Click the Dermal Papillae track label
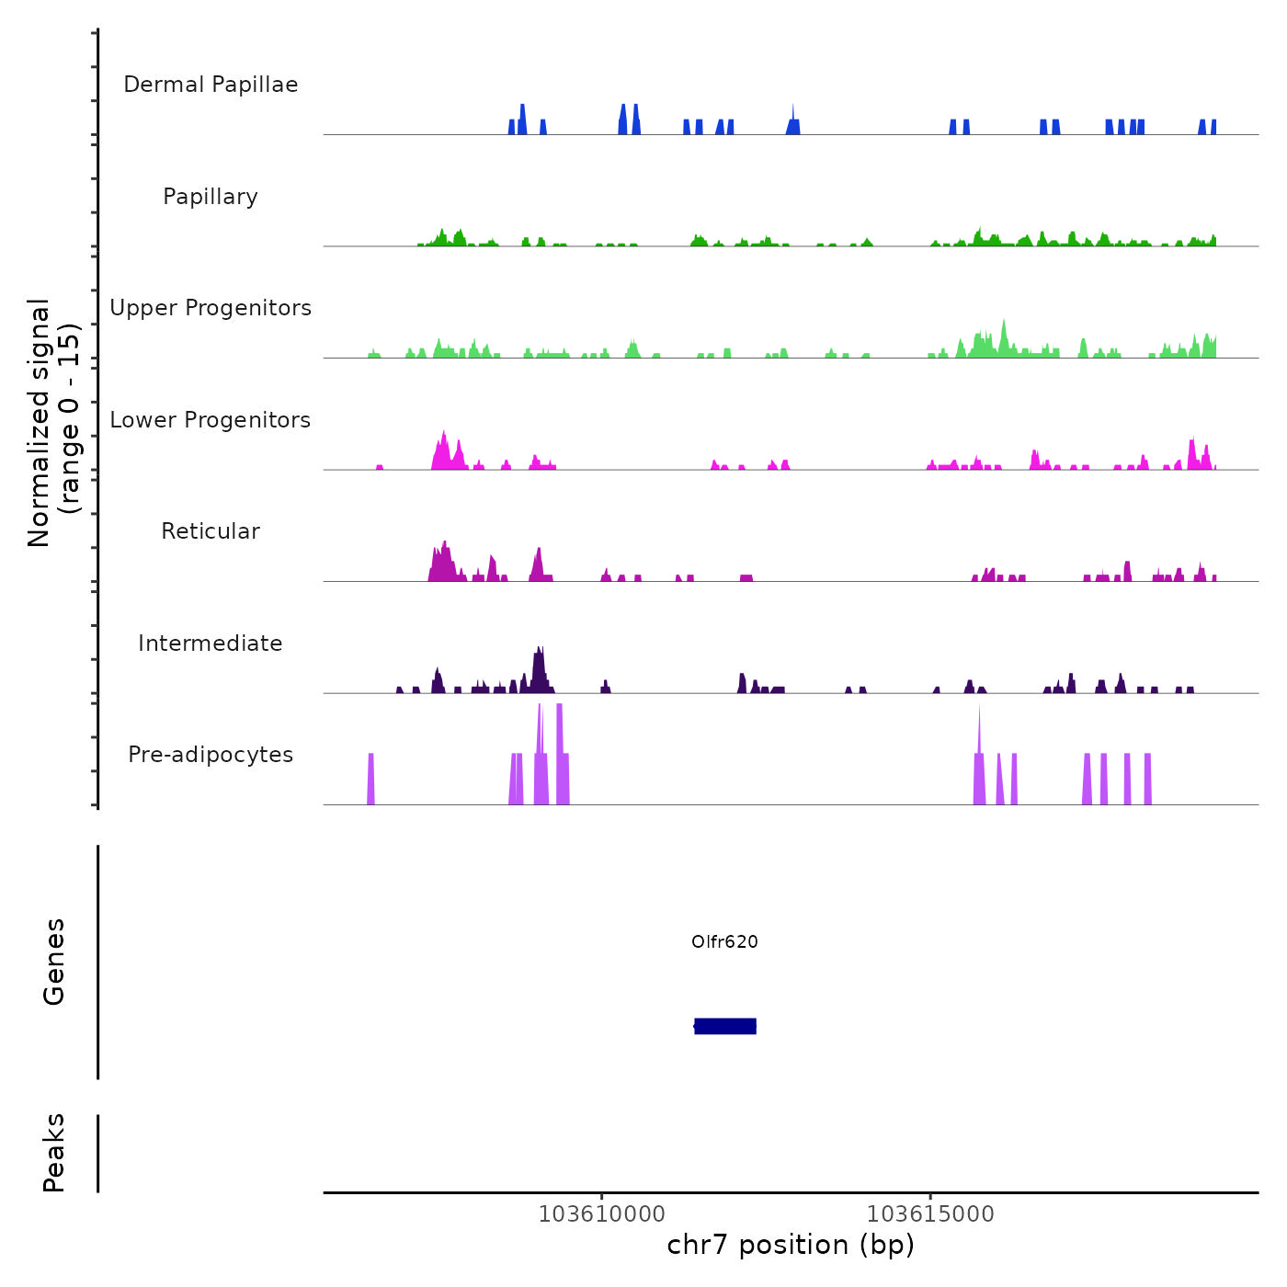click(211, 85)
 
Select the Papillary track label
click(211, 197)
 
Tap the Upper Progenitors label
click(211, 308)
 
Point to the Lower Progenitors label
click(211, 420)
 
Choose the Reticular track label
click(211, 531)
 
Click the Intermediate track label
click(211, 643)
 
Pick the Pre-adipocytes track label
click(211, 755)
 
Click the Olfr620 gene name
click(724, 941)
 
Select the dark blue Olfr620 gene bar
click(725, 1026)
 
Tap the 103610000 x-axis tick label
click(601, 1213)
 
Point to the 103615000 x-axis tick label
click(930, 1213)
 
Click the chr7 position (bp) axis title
click(791, 1245)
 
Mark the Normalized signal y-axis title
click(53, 422)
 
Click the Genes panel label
click(54, 961)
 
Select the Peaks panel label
click(54, 1152)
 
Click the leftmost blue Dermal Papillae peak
click(512, 127)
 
